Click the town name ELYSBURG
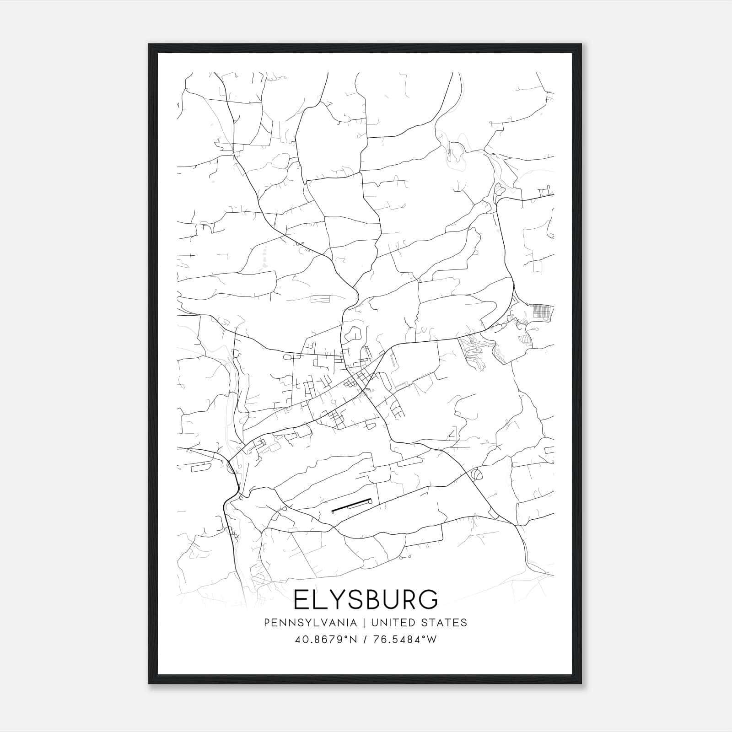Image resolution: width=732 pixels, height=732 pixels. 366,600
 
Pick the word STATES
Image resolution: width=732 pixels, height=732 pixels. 445,623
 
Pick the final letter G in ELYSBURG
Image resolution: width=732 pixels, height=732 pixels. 428,600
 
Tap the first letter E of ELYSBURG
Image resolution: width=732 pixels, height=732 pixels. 301,600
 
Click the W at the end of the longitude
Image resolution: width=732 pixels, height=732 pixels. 432,639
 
